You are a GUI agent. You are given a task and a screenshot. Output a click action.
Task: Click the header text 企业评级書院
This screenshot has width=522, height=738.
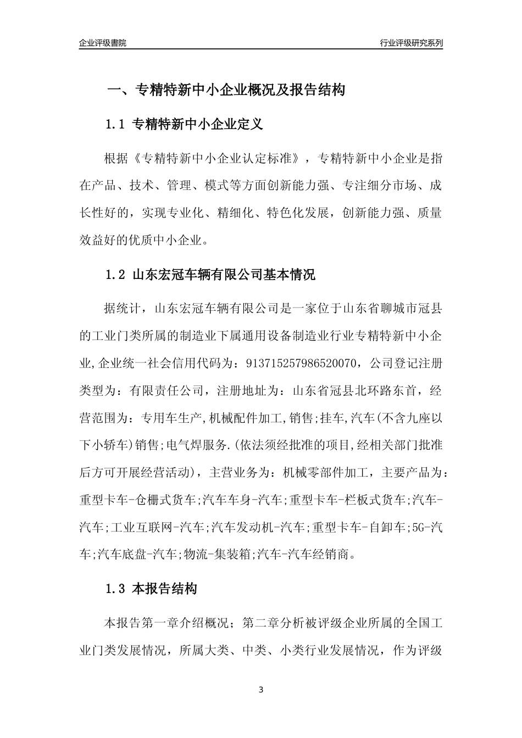click(x=103, y=43)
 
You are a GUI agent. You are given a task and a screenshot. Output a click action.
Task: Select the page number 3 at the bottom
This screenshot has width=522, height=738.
click(x=261, y=690)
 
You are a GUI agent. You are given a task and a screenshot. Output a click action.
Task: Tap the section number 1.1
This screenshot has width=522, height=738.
click(x=116, y=125)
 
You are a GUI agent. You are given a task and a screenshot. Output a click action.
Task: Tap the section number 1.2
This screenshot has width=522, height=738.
click(x=116, y=275)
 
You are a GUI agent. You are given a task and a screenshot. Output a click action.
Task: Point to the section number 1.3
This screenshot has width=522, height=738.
click(x=116, y=590)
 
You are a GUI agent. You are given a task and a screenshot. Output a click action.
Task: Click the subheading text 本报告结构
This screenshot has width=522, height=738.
click(x=165, y=590)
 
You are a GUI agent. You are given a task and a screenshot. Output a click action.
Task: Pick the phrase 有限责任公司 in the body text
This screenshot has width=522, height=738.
click(x=165, y=391)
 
